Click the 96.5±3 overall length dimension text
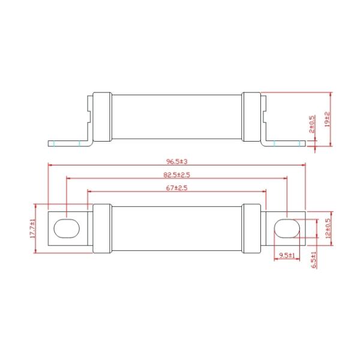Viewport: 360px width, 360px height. [x=178, y=161]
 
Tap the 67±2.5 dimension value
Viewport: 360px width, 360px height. [x=178, y=188]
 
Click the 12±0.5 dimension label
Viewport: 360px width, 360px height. [x=328, y=228]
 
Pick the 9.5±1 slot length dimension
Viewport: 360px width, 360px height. [x=286, y=256]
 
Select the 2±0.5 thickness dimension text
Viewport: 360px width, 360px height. [x=311, y=124]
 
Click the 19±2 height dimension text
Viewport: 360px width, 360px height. [x=327, y=119]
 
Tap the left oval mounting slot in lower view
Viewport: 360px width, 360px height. [x=65, y=229]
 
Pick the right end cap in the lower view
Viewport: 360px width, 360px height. [x=251, y=229]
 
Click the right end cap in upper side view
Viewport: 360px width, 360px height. [x=251, y=118]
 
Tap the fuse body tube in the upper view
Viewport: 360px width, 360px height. [x=177, y=118]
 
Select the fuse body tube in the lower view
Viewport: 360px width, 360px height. [x=177, y=229]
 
